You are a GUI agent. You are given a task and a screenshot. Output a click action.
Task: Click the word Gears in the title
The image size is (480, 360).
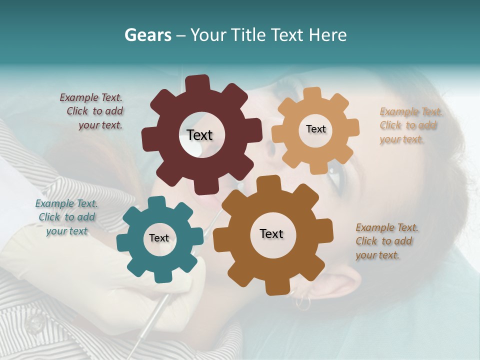146,35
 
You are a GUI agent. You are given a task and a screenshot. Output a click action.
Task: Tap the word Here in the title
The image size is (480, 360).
327,35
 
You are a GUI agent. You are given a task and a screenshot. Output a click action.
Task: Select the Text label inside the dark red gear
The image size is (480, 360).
199,135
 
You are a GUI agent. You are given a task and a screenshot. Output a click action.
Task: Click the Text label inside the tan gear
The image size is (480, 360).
315,129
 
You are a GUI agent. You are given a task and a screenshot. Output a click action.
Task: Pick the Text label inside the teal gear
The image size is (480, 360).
159,238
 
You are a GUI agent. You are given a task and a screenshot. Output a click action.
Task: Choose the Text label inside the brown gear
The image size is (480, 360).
271,233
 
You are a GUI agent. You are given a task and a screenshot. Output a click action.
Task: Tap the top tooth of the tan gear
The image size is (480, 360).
312,94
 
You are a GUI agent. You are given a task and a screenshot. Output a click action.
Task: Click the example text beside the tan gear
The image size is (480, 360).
410,125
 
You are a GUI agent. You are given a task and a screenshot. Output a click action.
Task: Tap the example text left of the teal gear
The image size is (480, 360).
66,217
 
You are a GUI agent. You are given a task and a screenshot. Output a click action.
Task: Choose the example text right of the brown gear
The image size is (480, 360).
385,241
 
